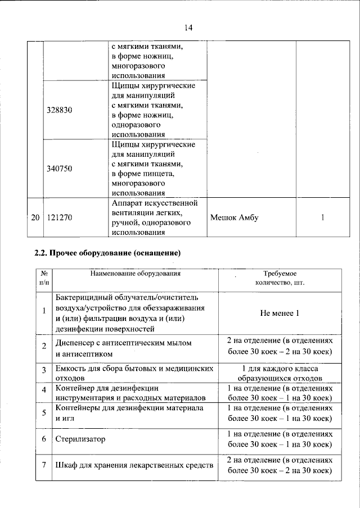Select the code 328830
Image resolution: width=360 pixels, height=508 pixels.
[58, 111]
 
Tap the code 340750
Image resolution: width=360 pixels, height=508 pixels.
[58, 168]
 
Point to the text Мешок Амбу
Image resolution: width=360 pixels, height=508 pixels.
[234, 217]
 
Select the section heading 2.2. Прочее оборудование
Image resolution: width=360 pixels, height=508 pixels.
[107, 253]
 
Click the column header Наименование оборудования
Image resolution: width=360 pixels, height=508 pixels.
[136, 274]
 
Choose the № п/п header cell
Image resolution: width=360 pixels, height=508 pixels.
[44, 278]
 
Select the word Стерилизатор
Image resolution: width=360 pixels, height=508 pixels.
[80, 439]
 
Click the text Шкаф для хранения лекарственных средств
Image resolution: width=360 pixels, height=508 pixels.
[134, 466]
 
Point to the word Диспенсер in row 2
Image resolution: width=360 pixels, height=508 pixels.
[75, 342]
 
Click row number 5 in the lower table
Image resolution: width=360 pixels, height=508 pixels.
[44, 412]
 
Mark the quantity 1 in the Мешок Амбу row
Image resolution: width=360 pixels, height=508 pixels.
[322, 217]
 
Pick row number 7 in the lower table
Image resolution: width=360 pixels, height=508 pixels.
[44, 466]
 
